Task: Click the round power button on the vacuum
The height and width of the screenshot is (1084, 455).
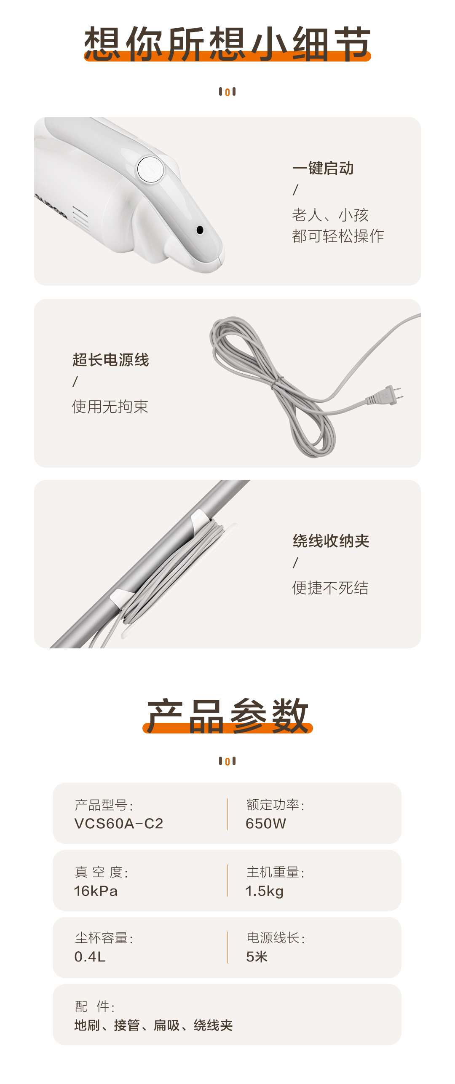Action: [150, 169]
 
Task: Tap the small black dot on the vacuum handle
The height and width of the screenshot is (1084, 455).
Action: [200, 230]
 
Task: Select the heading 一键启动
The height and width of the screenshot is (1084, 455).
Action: [323, 168]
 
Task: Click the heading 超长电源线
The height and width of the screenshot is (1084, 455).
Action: [111, 360]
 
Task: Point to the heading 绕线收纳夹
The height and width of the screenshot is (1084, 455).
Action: [331, 541]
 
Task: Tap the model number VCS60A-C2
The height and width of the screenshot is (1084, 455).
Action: [119, 823]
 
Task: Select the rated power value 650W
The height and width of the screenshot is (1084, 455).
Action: [266, 823]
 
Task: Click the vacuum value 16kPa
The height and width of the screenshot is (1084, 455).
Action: [96, 891]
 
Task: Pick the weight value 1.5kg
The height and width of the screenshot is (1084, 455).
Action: [265, 891]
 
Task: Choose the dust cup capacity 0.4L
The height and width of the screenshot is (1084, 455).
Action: [90, 957]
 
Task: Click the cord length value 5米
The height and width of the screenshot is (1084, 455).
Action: [257, 957]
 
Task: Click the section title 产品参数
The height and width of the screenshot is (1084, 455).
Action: [227, 716]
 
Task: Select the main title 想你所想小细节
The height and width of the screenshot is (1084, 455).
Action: [227, 43]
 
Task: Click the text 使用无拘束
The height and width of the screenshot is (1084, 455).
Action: [110, 407]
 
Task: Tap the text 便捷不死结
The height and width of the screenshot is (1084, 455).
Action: [331, 588]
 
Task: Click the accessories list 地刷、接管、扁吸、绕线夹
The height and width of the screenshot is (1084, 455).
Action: [153, 1025]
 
